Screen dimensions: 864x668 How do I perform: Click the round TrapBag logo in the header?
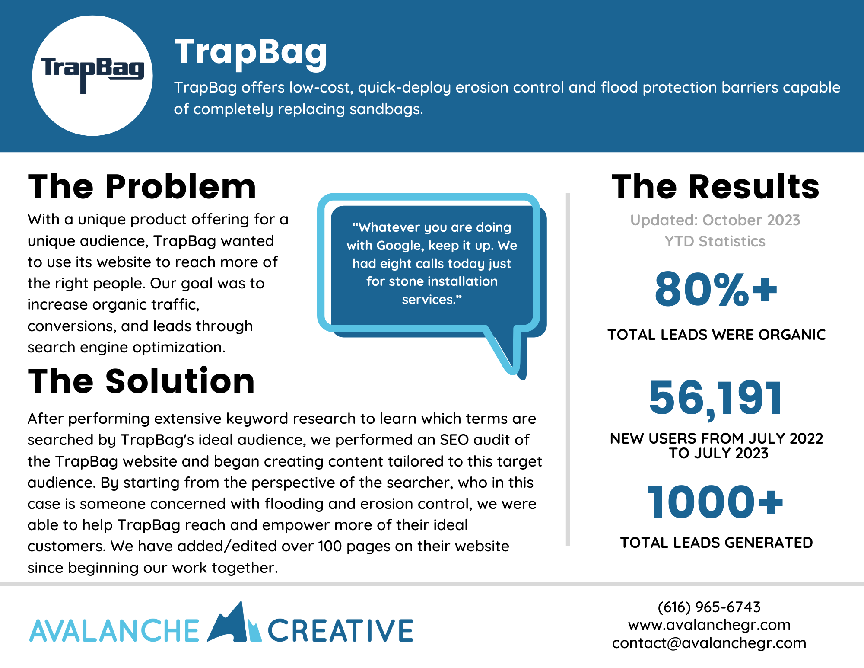tap(92, 76)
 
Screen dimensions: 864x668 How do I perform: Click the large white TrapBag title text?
tap(251, 53)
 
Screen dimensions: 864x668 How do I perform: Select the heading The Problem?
tap(142, 187)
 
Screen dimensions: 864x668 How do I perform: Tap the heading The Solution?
tap(141, 381)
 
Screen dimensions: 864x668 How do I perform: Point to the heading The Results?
tap(715, 187)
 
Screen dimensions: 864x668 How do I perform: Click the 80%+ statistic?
tap(716, 289)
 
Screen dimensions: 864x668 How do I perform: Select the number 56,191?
tap(715, 398)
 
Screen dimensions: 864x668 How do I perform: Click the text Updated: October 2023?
tap(715, 220)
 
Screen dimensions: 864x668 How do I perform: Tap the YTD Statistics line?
tap(715, 241)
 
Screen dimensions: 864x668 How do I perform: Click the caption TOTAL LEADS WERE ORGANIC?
tap(716, 335)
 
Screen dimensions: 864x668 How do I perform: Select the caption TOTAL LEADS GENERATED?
tap(716, 543)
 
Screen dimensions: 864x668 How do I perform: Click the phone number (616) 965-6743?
tap(709, 607)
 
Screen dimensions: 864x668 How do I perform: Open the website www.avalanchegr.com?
tap(709, 625)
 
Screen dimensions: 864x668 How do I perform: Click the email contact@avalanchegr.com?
tap(709, 643)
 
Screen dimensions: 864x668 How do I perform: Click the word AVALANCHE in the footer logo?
tap(114, 631)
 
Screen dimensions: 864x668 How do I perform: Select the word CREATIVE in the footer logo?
tap(340, 631)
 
